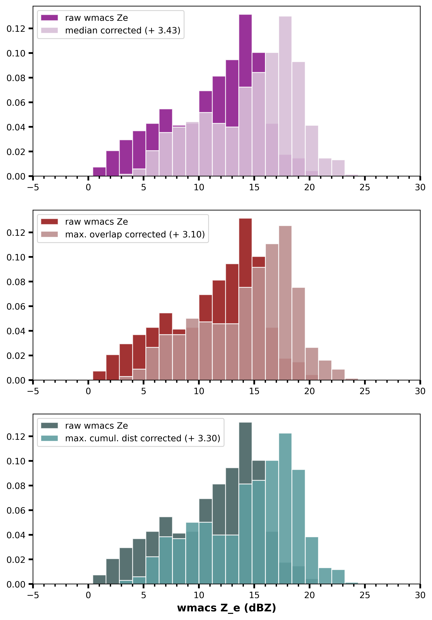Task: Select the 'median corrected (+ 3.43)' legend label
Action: pyautogui.click(x=123, y=31)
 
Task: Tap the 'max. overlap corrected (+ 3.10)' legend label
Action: pyautogui.click(x=135, y=234)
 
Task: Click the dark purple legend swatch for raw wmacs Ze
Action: pyautogui.click(x=49, y=18)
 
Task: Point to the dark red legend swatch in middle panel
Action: pyautogui.click(x=49, y=222)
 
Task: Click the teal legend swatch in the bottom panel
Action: pyautogui.click(x=49, y=438)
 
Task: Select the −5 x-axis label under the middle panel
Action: pyautogui.click(x=33, y=391)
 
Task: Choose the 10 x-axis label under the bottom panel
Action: pyautogui.click(x=199, y=595)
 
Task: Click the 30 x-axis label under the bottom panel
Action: pyautogui.click(x=420, y=595)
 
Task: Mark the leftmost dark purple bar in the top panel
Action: pyautogui.click(x=99, y=172)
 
